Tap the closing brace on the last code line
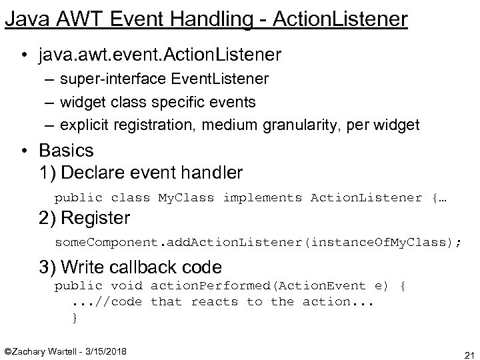pyautogui.click(x=75, y=318)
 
